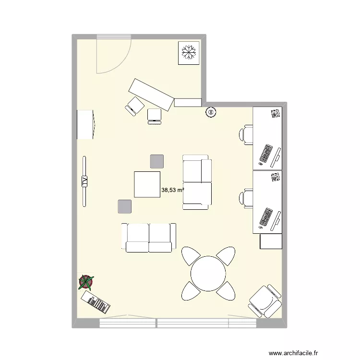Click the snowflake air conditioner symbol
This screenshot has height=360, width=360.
pos(188,52)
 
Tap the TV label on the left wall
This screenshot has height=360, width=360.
pos(84,181)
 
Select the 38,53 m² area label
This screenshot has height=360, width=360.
pos(173,190)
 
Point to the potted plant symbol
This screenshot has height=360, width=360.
pos(86,282)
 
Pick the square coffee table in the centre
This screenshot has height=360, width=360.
pos(147,184)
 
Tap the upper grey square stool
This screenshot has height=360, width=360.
pos(156,161)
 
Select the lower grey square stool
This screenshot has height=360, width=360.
pos(124,206)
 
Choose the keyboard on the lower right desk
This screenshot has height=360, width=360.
pos(265,217)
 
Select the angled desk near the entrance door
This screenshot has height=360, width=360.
pos(151,95)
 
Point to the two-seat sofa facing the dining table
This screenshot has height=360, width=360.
pos(149,238)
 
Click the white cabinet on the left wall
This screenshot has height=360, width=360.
pos(85,125)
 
